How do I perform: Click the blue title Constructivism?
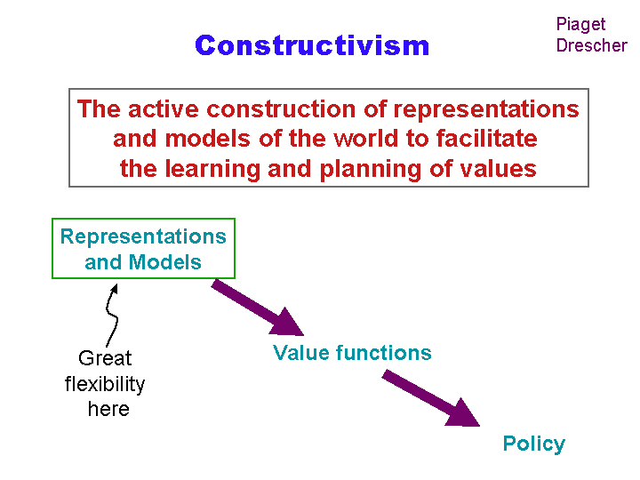312,45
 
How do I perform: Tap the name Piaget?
580,25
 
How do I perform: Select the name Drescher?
592,45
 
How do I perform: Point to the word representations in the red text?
486,110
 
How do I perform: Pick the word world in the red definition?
365,139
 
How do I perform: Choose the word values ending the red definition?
498,169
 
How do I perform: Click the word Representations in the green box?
143,236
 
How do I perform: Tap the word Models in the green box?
165,262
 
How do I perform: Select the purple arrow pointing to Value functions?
258,308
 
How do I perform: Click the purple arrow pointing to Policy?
431,398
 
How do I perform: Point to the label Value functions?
352,353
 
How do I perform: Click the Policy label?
534,444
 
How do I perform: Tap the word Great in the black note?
105,358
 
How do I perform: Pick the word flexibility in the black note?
105,385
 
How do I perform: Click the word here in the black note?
108,409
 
